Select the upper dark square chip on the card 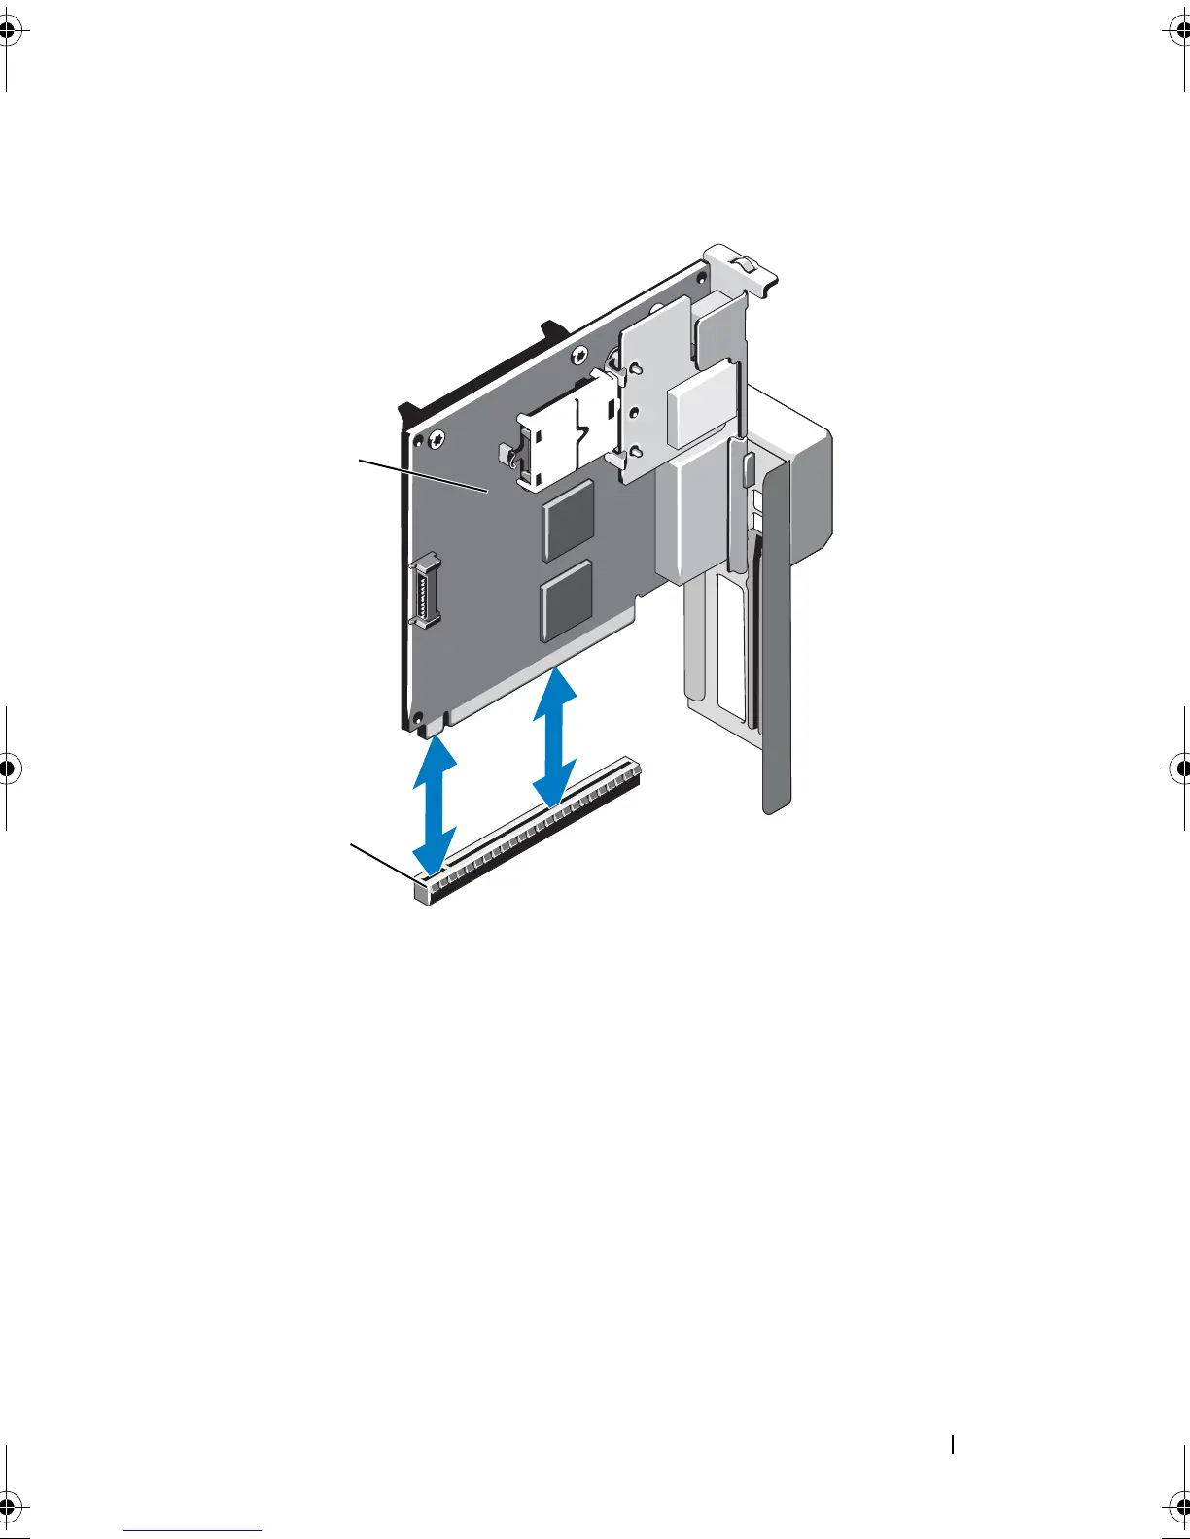point(567,518)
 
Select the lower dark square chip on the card point(565,600)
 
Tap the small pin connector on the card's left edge point(424,589)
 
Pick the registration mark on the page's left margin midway point(8,769)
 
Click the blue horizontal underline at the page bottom point(192,1529)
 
